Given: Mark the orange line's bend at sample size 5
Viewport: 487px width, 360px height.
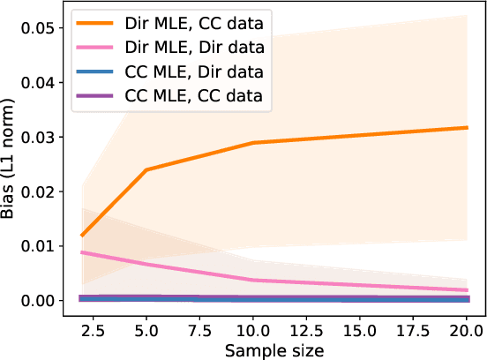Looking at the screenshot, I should [146, 169].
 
